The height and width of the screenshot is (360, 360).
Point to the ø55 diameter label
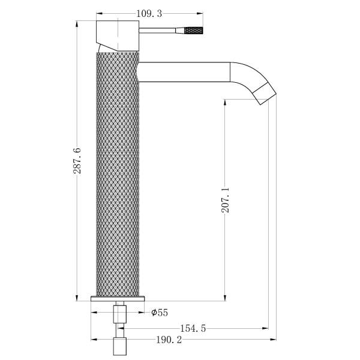tap(159, 312)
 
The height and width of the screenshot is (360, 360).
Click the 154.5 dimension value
tap(194, 328)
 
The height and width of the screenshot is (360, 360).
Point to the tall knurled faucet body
tap(118, 174)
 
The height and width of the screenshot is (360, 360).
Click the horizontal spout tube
tap(183, 72)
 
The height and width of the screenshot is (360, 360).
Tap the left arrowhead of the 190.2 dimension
tap(94, 340)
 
